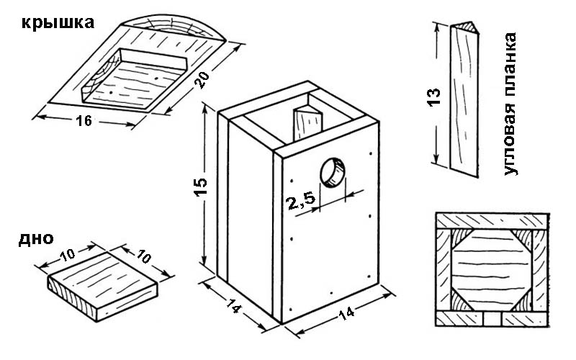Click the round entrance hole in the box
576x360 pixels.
click(x=332, y=174)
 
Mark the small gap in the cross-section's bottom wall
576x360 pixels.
click(x=492, y=318)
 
